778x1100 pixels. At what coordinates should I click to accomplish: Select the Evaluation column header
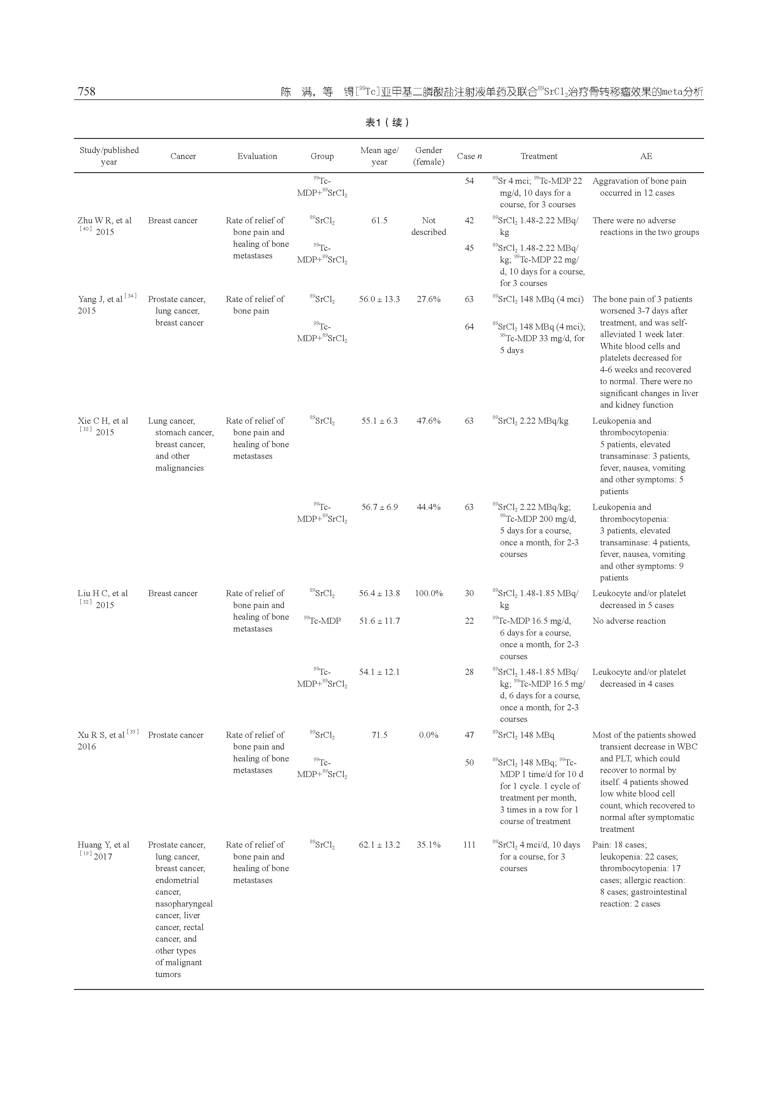click(257, 156)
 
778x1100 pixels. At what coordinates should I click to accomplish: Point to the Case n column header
click(469, 156)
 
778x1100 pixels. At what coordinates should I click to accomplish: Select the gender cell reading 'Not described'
click(428, 226)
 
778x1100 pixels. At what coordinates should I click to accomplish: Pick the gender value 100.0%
click(428, 593)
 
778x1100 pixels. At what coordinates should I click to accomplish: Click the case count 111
click(469, 845)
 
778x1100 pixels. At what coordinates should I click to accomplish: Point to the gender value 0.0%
click(428, 735)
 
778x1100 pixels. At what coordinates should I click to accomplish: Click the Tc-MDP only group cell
click(322, 621)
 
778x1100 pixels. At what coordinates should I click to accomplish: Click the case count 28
click(469, 672)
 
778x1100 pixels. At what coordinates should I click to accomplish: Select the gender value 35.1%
click(428, 845)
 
